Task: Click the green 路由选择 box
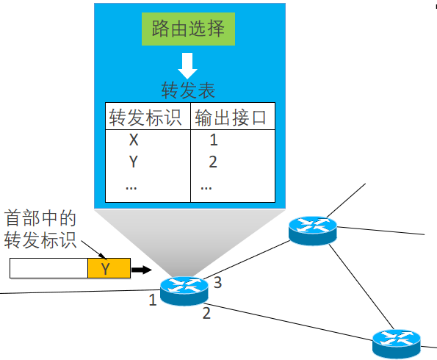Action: (x=188, y=29)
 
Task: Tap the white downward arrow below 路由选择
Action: (x=188, y=66)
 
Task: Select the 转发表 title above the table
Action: (x=188, y=90)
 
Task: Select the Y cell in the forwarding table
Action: (x=133, y=162)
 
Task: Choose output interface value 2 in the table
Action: (x=213, y=162)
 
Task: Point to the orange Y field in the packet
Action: (x=108, y=269)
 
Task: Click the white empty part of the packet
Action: (x=48, y=269)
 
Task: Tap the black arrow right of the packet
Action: (x=141, y=270)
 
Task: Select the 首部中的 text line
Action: (x=40, y=219)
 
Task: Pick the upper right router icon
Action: (x=312, y=230)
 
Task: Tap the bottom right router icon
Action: (x=396, y=343)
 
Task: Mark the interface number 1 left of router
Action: (x=152, y=300)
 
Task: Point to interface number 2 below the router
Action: (x=206, y=314)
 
